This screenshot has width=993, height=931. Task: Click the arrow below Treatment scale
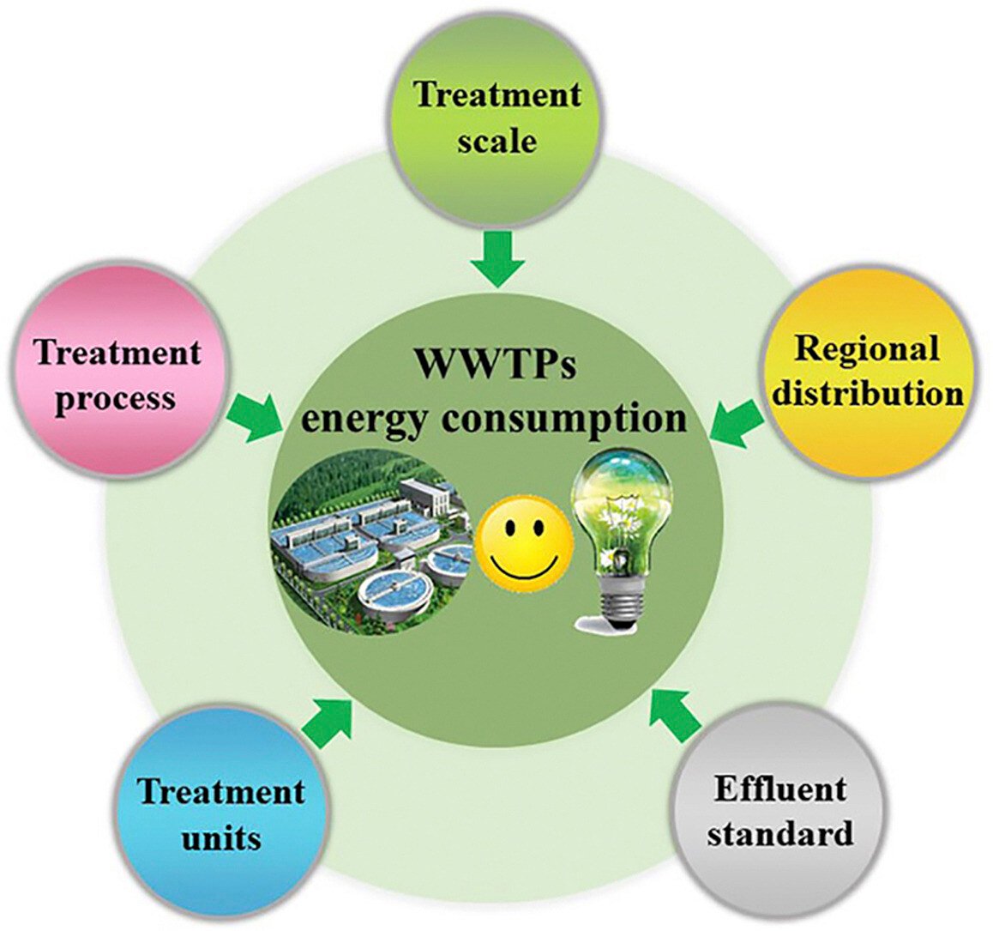[497, 258]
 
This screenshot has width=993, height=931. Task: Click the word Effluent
[779, 788]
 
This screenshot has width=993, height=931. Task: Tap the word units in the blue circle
[221, 837]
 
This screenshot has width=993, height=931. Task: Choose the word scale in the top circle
[496, 139]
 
